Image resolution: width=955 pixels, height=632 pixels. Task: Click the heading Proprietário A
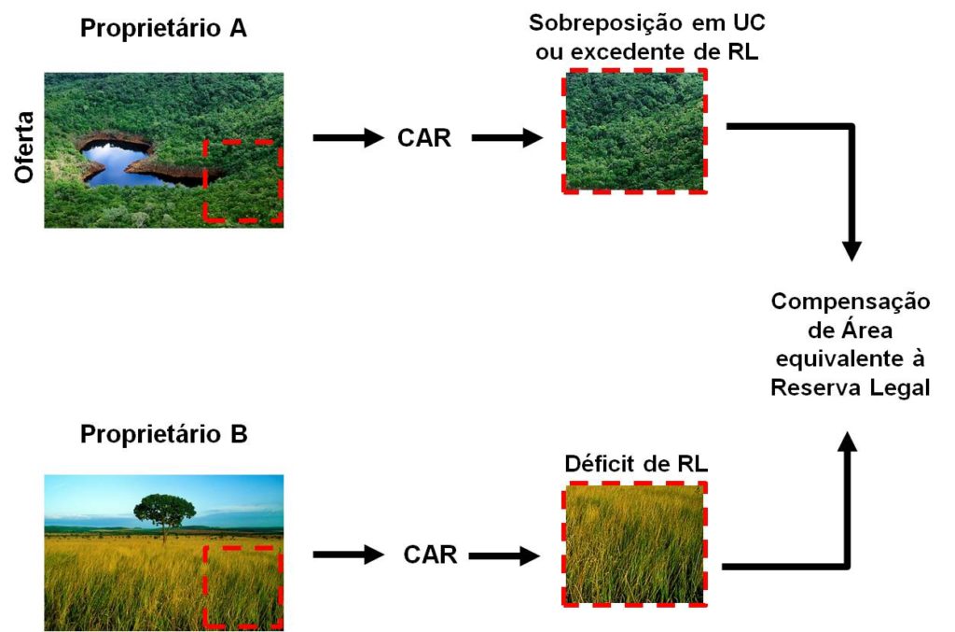[x=163, y=29]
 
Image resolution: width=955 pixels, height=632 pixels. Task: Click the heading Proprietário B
[x=163, y=435]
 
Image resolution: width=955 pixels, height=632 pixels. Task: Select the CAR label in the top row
[x=423, y=139]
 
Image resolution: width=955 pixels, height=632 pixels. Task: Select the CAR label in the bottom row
[x=430, y=555]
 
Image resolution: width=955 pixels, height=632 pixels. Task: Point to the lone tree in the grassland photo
[x=164, y=512]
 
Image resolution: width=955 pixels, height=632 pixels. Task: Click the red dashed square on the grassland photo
[x=242, y=587]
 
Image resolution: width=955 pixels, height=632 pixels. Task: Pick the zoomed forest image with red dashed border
[x=633, y=131]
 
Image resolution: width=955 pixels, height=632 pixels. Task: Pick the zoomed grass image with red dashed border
[x=634, y=542]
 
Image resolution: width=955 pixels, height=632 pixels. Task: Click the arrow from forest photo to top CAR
[x=348, y=139]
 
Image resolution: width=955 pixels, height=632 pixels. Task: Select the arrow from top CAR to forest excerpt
[x=507, y=139]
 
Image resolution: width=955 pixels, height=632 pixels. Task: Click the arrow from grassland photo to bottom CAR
[x=348, y=555]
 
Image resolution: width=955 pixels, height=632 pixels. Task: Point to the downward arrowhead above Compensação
[x=851, y=249]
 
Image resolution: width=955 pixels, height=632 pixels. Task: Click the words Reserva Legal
[x=850, y=387]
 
